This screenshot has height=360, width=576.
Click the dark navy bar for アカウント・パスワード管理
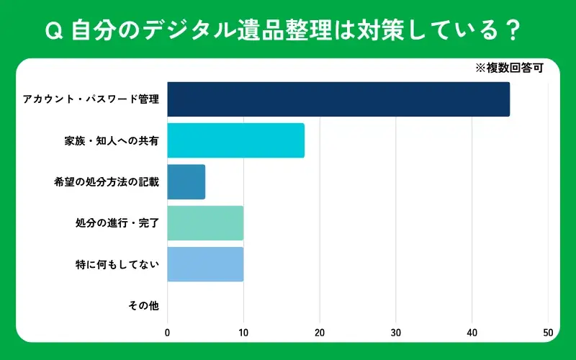click(x=338, y=99)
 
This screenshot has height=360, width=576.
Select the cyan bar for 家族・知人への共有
click(x=235, y=140)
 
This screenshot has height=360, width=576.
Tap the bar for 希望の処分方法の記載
click(x=186, y=181)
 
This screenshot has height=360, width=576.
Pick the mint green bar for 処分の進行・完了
click(x=205, y=222)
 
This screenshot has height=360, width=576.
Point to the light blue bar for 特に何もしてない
click(x=205, y=264)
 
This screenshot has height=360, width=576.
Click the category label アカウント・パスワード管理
click(x=91, y=99)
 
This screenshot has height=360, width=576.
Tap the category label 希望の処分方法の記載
click(x=107, y=181)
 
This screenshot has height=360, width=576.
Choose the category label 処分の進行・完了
click(x=117, y=222)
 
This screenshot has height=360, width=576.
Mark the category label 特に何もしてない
click(x=117, y=264)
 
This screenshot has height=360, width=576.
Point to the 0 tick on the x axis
click(x=168, y=333)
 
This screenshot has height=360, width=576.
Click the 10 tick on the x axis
click(x=243, y=333)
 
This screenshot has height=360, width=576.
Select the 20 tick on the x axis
click(x=320, y=333)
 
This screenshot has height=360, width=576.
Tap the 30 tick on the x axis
click(x=396, y=333)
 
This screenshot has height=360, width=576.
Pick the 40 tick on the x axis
click(x=472, y=333)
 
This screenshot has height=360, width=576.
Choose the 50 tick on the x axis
click(x=548, y=333)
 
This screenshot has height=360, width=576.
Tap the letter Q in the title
click(x=51, y=32)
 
